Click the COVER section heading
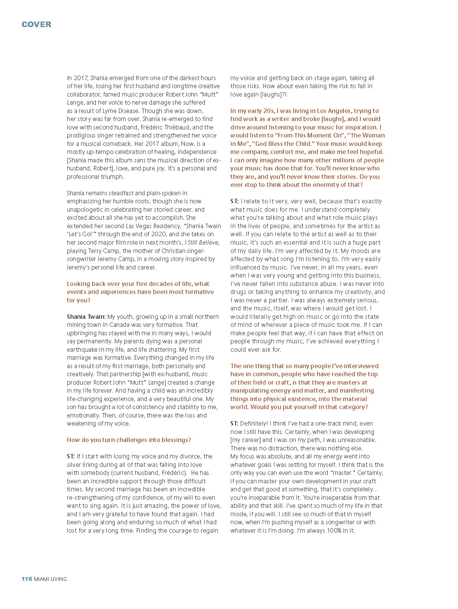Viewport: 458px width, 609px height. point(37,24)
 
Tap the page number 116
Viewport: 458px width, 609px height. point(27,579)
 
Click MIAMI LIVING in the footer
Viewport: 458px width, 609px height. point(50,579)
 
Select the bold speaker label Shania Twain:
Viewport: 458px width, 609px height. point(86,317)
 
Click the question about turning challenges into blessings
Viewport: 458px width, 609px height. point(129,440)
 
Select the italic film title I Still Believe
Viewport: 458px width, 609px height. point(202,242)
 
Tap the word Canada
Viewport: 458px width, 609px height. point(120,325)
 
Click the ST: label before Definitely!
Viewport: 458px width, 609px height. point(234,423)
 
